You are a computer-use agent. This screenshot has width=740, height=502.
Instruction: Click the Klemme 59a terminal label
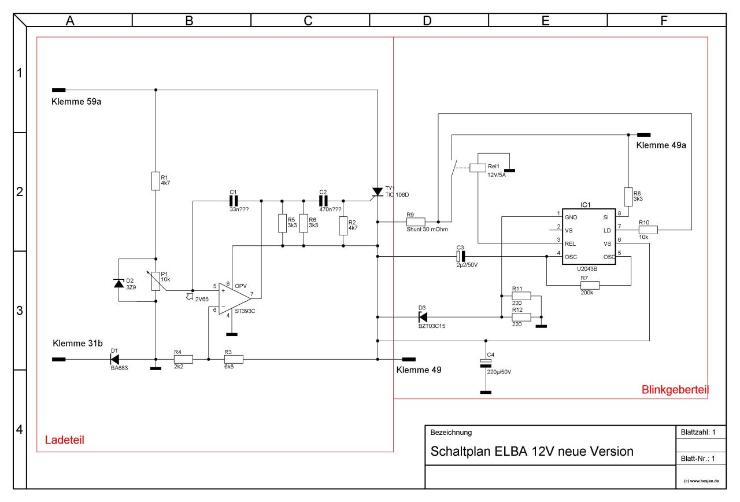point(76,102)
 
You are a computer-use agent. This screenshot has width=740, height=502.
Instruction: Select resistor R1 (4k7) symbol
point(156,181)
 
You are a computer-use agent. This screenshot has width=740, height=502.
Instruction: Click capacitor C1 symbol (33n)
point(234,201)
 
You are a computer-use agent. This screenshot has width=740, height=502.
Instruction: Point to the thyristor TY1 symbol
point(378,192)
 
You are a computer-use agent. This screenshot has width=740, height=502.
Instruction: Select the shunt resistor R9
point(416,222)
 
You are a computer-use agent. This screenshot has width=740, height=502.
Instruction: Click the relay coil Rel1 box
point(478,168)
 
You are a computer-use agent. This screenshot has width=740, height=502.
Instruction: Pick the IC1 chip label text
point(586,205)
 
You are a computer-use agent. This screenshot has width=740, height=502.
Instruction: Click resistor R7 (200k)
point(590,285)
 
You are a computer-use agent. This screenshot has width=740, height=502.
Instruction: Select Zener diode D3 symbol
point(423,317)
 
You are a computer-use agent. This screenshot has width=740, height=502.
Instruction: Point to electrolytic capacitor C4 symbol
point(486,363)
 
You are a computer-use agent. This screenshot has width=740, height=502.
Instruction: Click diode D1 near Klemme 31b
point(114,359)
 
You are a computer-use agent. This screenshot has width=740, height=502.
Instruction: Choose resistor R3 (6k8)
point(234,359)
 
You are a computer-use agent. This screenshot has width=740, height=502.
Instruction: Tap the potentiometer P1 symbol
point(156,280)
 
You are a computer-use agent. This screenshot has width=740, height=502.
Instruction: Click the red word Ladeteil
point(64,440)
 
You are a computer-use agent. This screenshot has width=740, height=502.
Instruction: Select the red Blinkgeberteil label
point(675,390)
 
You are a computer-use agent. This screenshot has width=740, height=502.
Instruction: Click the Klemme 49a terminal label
point(661,145)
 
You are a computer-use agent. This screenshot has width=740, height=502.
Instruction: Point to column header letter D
point(427,21)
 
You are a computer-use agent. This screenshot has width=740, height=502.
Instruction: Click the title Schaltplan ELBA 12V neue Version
point(531,452)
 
